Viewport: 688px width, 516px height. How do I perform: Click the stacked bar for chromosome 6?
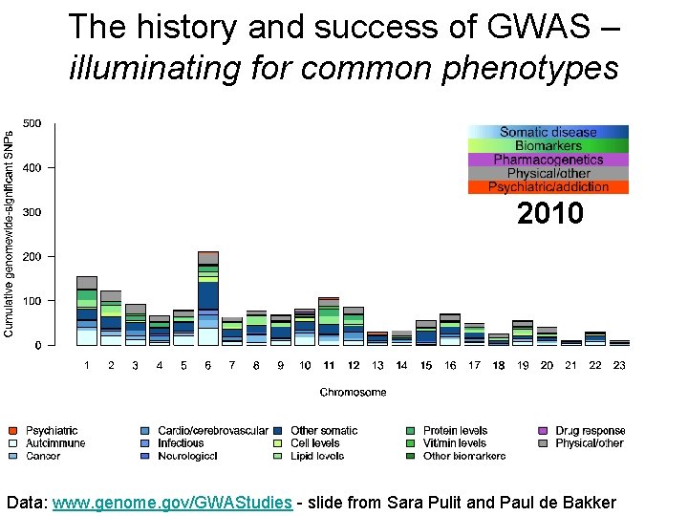pos(207,298)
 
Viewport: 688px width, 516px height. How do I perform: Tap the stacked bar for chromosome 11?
pos(329,321)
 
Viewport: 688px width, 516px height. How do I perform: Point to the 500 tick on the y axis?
pos(32,123)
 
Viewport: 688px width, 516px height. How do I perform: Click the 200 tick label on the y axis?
pos(32,256)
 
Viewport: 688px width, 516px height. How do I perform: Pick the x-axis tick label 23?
pos(619,365)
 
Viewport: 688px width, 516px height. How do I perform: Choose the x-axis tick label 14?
pos(401,365)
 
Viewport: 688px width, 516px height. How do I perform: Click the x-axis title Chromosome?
pos(353,392)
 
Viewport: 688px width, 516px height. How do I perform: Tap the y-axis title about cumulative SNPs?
pos(10,234)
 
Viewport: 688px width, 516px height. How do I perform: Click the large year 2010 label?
pos(549,213)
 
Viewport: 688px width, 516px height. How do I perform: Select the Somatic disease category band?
pos(548,132)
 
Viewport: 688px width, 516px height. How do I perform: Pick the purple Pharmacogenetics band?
pos(548,160)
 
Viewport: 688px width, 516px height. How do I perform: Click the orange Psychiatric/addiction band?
pos(548,187)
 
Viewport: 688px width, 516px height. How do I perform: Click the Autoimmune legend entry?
pos(55,443)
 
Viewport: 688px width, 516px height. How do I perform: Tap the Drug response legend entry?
pos(590,431)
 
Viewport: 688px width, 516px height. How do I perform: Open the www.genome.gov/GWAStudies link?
pos(172,502)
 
